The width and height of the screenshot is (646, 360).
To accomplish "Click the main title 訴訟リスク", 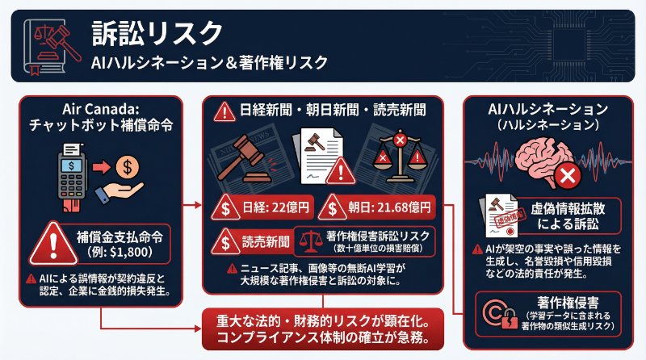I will [157, 33].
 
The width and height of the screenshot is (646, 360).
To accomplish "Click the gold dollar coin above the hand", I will [127, 167].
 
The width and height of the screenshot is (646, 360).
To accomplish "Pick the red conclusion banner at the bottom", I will [323, 326].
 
